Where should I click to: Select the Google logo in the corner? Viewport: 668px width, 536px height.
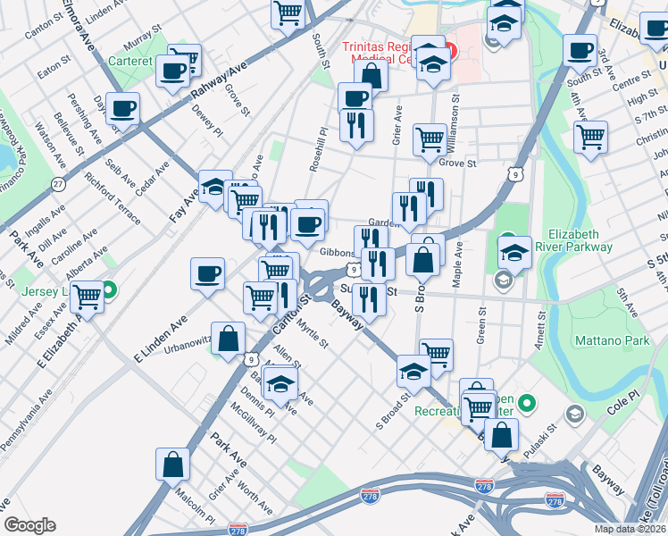[x=29, y=525]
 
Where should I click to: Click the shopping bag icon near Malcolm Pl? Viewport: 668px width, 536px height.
[x=173, y=464]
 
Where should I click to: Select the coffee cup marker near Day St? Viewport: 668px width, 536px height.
[x=123, y=108]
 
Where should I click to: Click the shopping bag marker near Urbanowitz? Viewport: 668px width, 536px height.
[x=229, y=338]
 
